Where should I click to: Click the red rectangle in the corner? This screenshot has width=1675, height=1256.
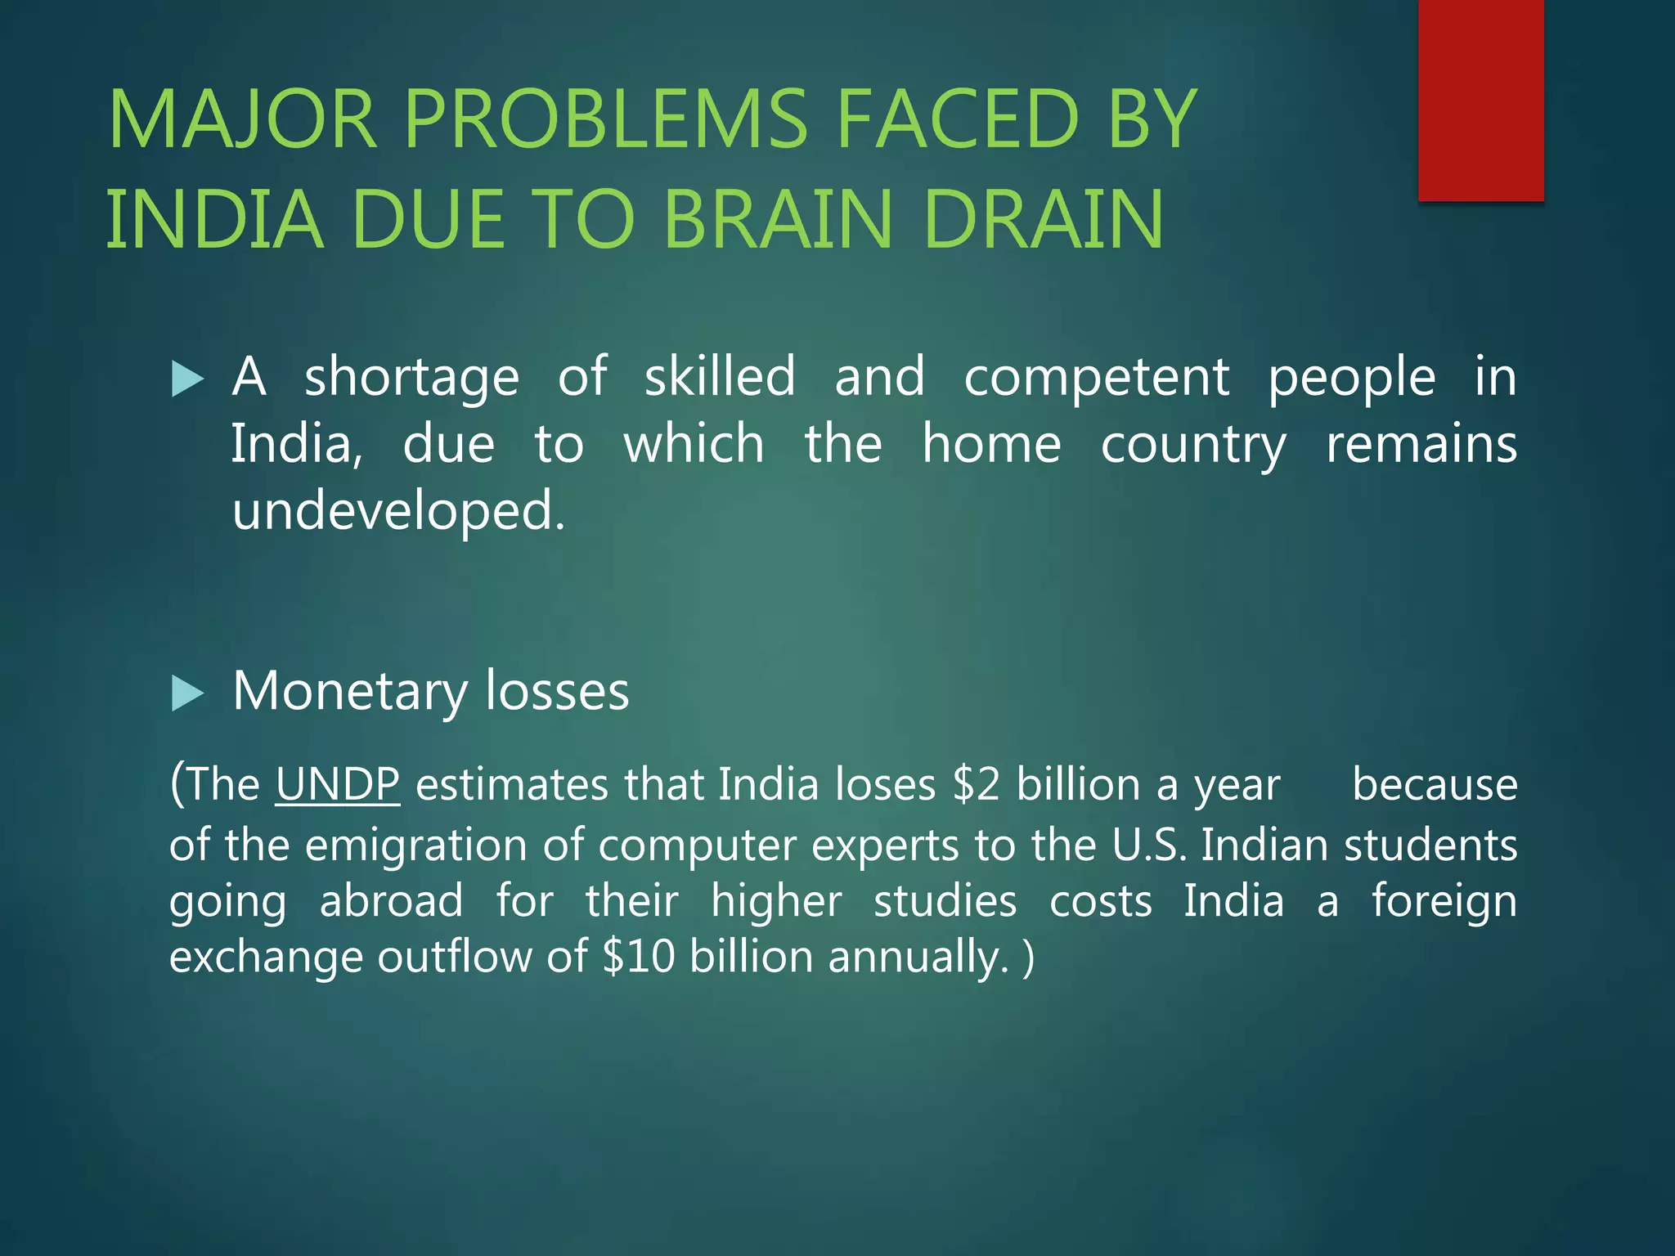click(1480, 100)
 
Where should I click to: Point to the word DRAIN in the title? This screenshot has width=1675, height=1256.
click(1043, 219)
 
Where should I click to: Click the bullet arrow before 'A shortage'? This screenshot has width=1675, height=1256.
click(187, 379)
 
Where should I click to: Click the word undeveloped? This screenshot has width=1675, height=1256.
click(397, 512)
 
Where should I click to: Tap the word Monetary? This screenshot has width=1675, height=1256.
click(350, 692)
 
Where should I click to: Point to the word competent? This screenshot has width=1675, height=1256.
click(1096, 377)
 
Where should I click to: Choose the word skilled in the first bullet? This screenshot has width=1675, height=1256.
click(720, 377)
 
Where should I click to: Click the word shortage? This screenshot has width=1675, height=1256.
click(411, 379)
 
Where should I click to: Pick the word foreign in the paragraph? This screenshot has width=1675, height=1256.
click(1444, 903)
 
